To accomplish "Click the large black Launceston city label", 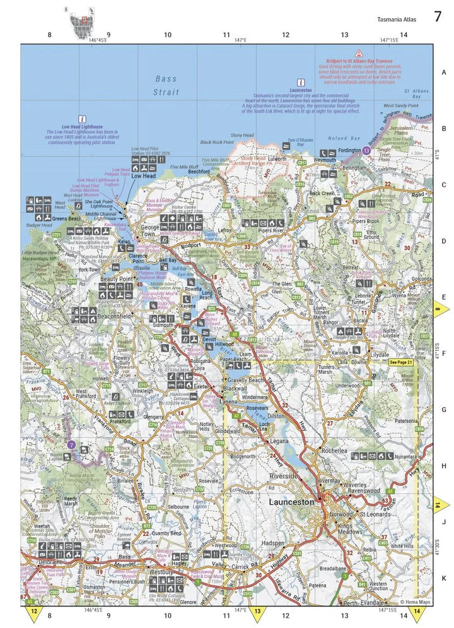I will click(291, 502).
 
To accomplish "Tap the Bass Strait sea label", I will click(167, 85).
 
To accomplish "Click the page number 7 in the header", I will click(437, 16).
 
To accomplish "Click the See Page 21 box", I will click(400, 362).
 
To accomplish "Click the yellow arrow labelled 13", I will click(257, 612).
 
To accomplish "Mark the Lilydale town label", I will click(380, 355).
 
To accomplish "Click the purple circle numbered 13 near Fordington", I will click(367, 151).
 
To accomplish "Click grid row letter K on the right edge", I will click(443, 577).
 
